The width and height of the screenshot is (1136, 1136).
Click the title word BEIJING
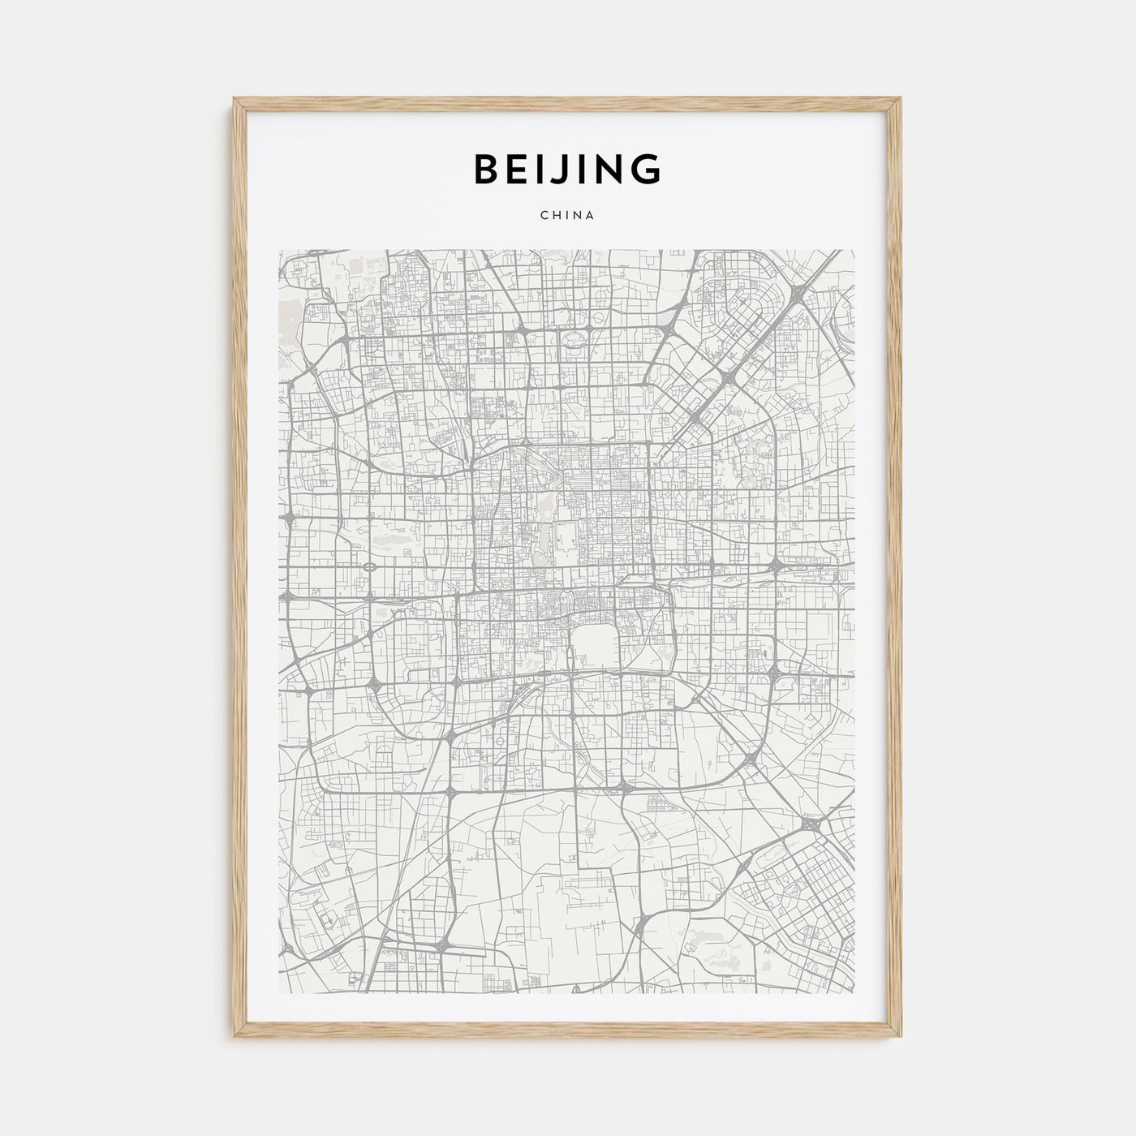(567, 170)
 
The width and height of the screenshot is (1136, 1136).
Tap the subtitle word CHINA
(567, 216)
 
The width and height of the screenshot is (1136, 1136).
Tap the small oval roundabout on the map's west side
(369, 566)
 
